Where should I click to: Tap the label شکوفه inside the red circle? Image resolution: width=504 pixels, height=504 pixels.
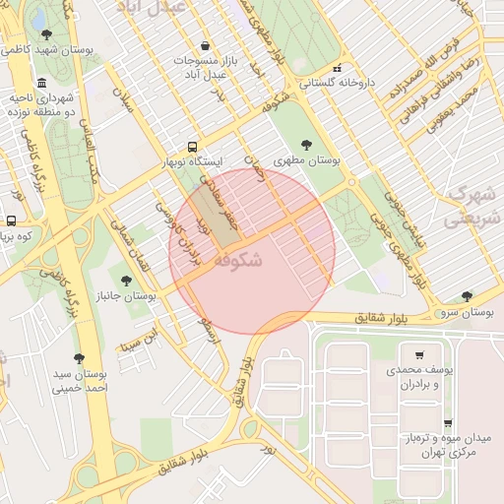237,260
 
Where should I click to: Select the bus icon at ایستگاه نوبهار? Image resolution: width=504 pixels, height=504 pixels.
193,144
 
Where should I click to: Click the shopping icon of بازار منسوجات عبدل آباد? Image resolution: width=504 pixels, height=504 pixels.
205,45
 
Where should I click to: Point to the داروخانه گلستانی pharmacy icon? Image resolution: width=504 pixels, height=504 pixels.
338,68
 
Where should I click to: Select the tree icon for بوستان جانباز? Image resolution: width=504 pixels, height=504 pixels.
125,281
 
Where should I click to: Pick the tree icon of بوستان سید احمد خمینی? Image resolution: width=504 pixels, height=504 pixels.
79,358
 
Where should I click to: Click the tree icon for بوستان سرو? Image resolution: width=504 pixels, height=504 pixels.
467,295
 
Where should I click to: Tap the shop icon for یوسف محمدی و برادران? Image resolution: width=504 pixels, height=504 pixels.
420,354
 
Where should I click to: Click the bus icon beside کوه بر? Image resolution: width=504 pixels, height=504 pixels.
11,220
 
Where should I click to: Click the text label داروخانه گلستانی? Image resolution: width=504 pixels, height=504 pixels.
338,85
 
